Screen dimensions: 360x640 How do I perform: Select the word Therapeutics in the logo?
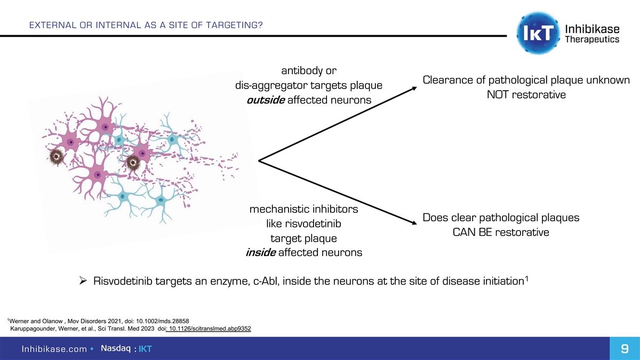591,40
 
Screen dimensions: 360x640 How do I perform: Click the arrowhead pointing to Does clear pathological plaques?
413,225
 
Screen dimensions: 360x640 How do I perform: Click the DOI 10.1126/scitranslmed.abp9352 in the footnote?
210,328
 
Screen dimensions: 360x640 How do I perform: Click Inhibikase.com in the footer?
54,349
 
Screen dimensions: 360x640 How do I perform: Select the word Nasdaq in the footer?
117,348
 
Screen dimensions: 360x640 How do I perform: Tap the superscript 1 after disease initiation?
527,277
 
